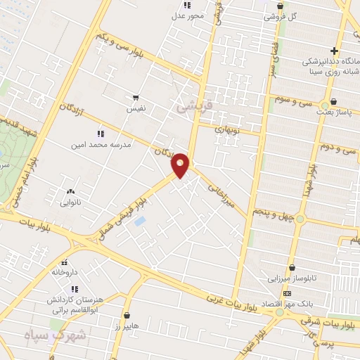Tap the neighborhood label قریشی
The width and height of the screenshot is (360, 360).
[x=193, y=106]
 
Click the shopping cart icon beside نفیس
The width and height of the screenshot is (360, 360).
[x=136, y=98]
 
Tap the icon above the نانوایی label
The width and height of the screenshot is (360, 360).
[x=70, y=191]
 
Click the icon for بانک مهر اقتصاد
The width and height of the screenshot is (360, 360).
[x=287, y=292]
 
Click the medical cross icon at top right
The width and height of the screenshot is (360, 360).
[x=335, y=51]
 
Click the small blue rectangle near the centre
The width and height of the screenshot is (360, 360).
[x=140, y=221]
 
